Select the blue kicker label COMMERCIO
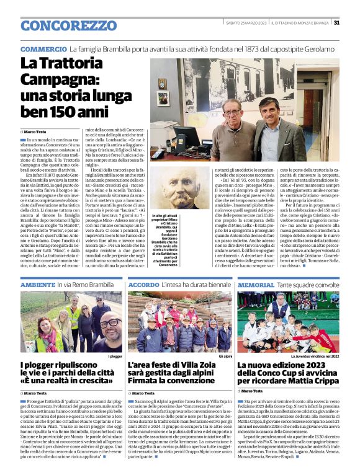[43, 49]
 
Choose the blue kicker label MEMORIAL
[256, 285]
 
